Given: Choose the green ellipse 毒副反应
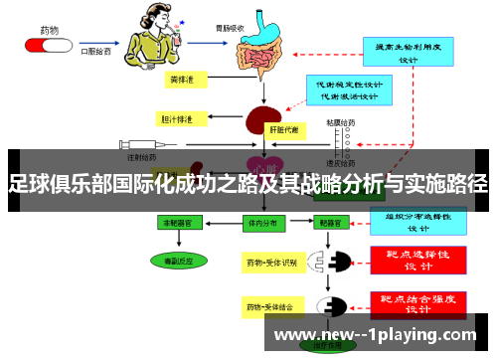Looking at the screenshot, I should [x=173, y=260].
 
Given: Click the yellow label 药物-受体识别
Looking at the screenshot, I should [x=271, y=264].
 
